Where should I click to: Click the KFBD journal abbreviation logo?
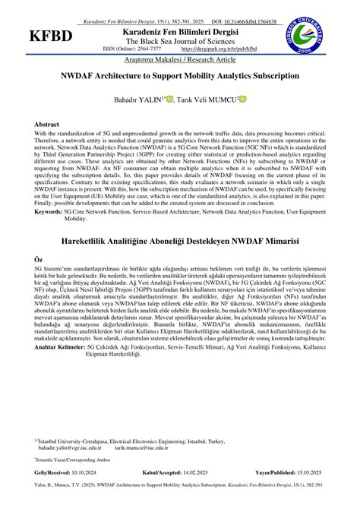(51, 36)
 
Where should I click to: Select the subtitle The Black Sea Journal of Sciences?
(180, 40)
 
